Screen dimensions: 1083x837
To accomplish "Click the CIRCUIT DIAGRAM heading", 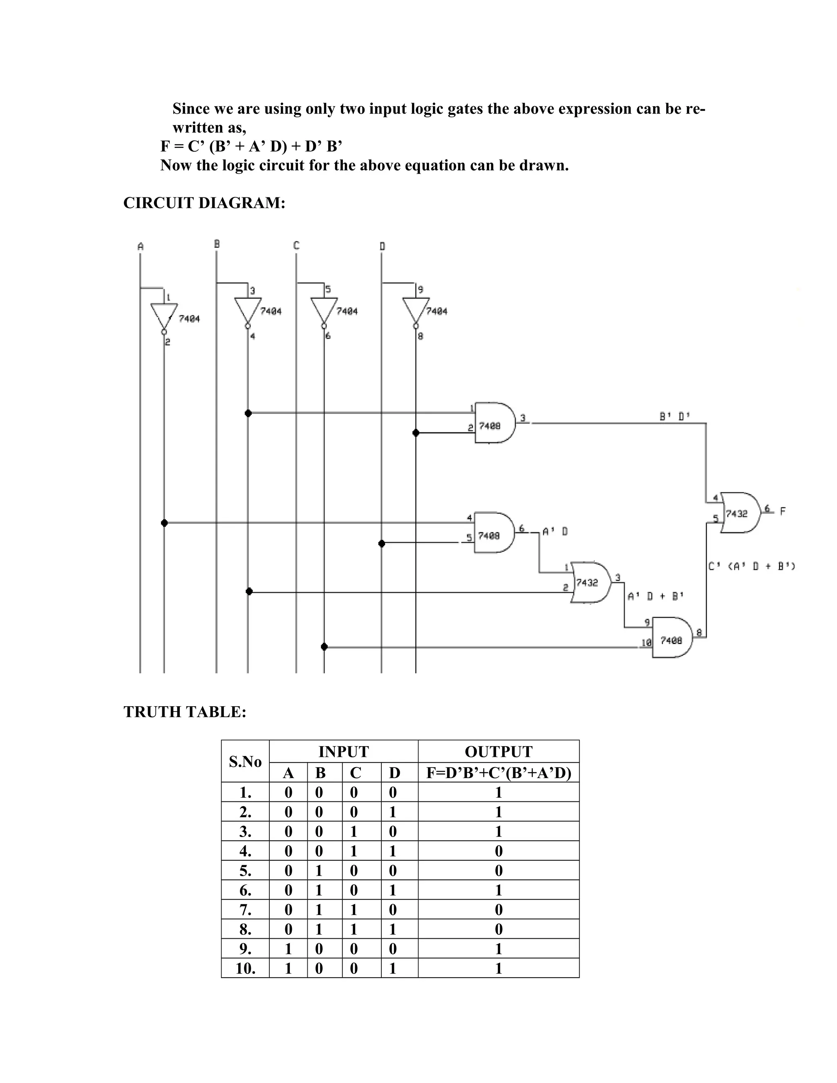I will tap(204, 203).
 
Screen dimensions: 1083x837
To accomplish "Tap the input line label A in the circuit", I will tap(140, 246).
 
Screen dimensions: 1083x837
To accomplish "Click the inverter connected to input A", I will tap(163, 316).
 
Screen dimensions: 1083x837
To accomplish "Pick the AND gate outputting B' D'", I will tap(494, 423).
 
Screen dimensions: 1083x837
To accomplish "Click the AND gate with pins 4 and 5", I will tap(494, 533).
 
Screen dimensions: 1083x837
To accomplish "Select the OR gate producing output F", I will tap(739, 513).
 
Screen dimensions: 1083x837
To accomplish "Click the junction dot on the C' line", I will tap(324, 647).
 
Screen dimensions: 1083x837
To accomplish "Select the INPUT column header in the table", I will tap(343, 752).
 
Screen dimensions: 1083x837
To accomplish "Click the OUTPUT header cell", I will tap(498, 752).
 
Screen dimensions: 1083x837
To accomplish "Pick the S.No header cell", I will tap(245, 762).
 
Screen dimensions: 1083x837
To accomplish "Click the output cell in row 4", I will tap(498, 851).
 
